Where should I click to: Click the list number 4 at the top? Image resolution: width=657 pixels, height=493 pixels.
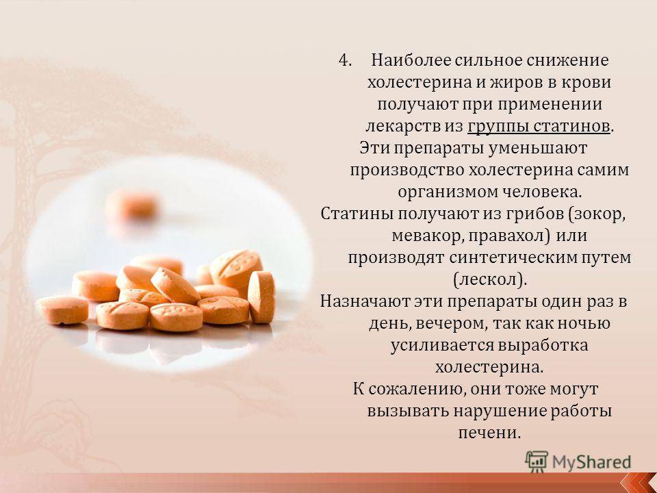coord(344,60)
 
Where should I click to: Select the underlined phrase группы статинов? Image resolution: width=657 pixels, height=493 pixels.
coord(539,126)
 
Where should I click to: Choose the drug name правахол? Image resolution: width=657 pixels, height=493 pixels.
coord(506,236)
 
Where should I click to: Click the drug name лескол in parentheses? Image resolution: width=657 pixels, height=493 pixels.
coord(489,279)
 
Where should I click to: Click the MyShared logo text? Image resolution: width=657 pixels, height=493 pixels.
coord(591,462)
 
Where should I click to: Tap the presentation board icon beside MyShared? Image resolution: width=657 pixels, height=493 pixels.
coord(537,462)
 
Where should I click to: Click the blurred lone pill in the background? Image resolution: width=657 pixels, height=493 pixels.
coord(131,206)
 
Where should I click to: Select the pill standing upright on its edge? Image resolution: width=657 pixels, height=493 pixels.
coord(261,296)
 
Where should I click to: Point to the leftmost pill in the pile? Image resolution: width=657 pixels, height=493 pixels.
coord(62,309)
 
